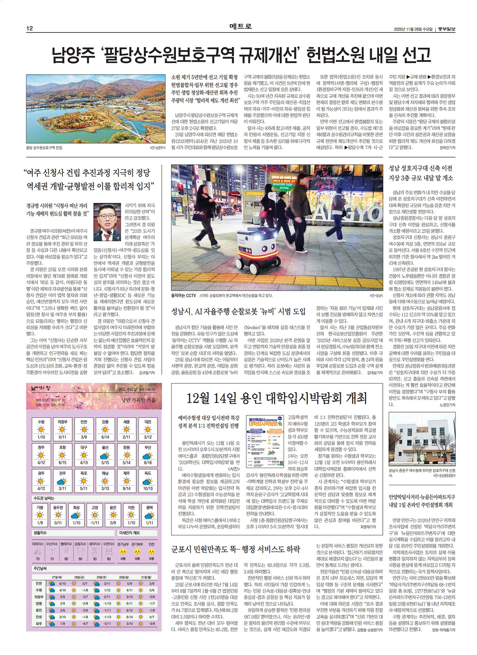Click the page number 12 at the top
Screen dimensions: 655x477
tap(29, 28)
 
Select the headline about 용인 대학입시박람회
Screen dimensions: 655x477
tap(276, 398)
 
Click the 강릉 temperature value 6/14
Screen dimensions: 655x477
tap(105, 437)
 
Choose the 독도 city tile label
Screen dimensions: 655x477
tap(148, 473)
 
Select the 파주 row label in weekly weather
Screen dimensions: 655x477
tap(39, 624)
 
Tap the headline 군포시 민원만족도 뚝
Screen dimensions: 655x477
tap(236, 549)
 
